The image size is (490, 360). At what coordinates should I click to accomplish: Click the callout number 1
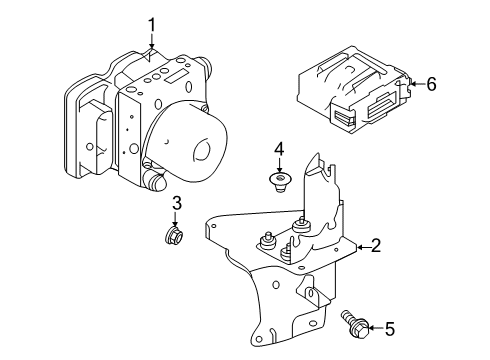coord(152,24)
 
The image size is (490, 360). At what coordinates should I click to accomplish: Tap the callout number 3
coord(175,204)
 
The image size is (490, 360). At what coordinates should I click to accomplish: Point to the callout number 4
coord(280,150)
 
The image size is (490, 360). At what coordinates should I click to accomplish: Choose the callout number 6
coord(431,85)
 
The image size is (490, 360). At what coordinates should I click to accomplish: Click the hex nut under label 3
coord(175,236)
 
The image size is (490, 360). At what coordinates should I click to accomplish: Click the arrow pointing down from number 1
coord(152,43)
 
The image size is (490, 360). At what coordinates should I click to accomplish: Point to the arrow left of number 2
coord(357,245)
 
